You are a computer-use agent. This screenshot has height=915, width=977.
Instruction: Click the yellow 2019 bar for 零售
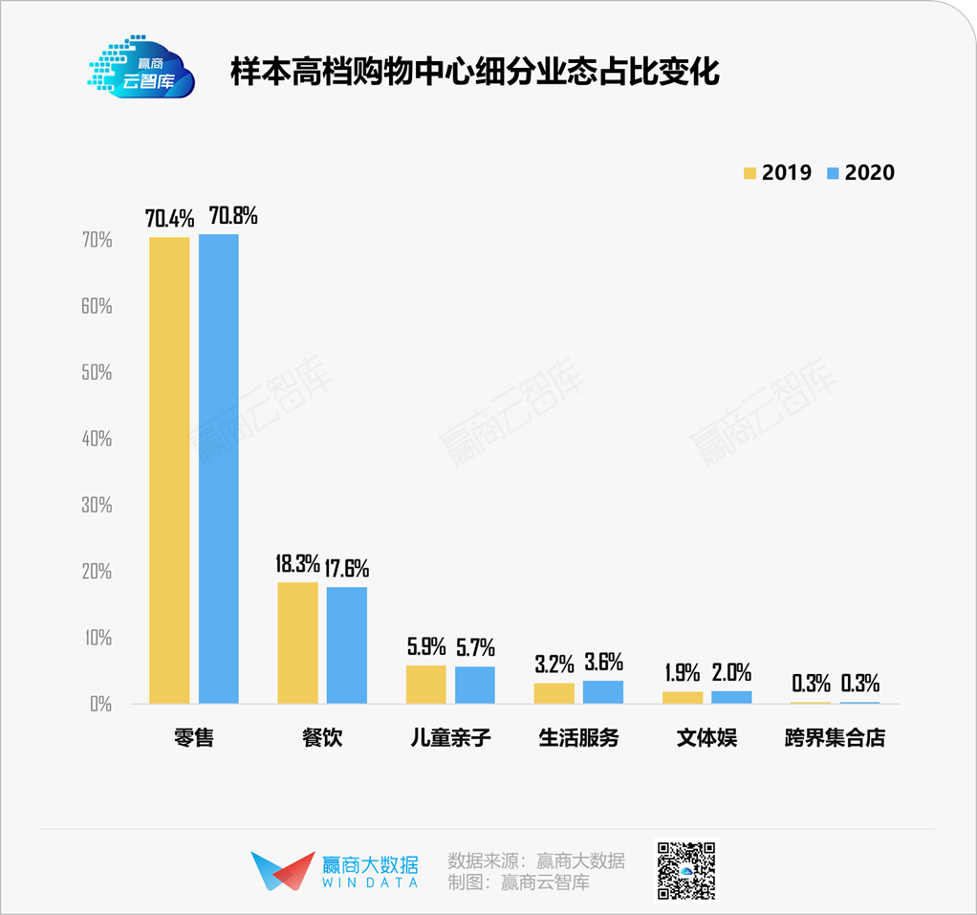(x=169, y=470)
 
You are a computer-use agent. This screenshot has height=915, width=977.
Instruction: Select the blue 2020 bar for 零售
(x=218, y=468)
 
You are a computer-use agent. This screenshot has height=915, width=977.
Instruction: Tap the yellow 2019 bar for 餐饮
(x=297, y=643)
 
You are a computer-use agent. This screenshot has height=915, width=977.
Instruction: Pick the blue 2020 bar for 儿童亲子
(x=474, y=685)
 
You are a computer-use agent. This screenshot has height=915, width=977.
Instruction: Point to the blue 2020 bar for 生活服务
(x=602, y=691)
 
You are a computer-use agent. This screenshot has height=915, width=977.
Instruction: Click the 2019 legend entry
(x=777, y=172)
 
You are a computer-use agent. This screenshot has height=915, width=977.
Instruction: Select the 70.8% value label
(x=228, y=216)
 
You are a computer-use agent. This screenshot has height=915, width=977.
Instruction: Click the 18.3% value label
(x=296, y=565)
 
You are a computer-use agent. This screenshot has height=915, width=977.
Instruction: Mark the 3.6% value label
(x=603, y=662)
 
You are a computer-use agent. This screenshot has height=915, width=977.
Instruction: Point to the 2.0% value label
(x=731, y=672)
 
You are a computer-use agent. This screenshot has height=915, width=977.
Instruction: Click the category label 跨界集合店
(x=835, y=739)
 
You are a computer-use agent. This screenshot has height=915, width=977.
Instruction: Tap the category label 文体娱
(x=706, y=739)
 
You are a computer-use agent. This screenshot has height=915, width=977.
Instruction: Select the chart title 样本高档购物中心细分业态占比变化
(x=474, y=73)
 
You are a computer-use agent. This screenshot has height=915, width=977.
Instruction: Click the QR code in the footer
(x=685, y=870)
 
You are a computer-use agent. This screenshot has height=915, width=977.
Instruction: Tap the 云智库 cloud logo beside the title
(x=141, y=71)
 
